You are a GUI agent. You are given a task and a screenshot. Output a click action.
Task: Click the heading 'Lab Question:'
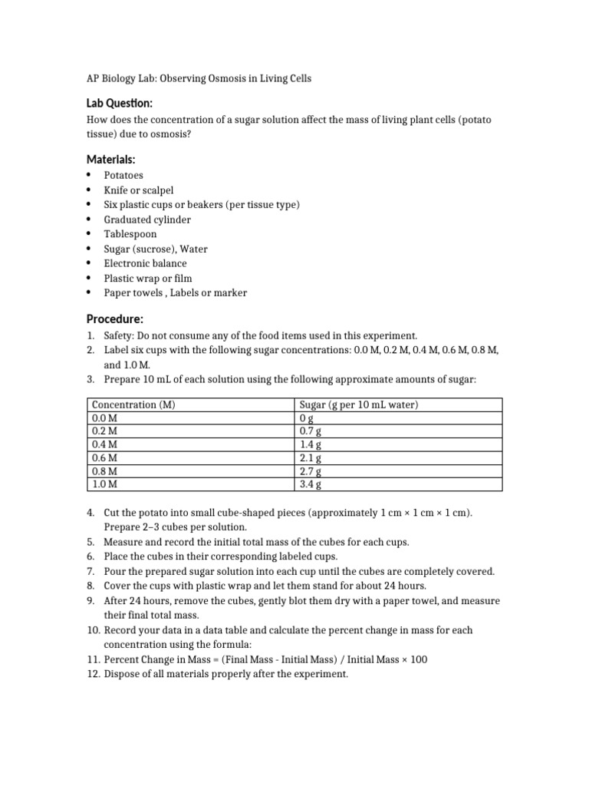coord(118,103)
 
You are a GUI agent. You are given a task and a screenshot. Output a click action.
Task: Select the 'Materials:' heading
coord(110,159)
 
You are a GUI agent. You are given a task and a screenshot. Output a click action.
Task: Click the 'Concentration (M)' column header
coord(134,405)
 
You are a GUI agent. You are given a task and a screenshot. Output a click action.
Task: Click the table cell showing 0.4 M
coord(104,444)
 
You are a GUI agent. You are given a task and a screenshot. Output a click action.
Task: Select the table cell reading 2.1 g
coord(310,457)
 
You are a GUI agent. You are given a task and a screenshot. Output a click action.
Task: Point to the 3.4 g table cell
coord(310,484)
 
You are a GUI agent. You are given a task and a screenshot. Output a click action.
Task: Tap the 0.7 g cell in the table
coord(310,431)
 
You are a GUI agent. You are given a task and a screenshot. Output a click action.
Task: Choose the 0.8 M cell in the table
coord(104,471)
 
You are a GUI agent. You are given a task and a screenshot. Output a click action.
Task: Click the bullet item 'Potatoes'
coord(123,175)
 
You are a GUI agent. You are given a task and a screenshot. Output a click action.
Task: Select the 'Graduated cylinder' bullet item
coord(147,220)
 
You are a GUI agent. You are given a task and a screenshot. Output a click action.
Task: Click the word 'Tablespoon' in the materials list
coord(130,234)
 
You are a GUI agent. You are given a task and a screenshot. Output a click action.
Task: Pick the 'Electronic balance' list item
coord(145,263)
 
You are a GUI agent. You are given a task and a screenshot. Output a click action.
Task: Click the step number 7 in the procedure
coord(89,571)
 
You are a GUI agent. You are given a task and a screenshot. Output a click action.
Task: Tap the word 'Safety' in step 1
coord(120,335)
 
